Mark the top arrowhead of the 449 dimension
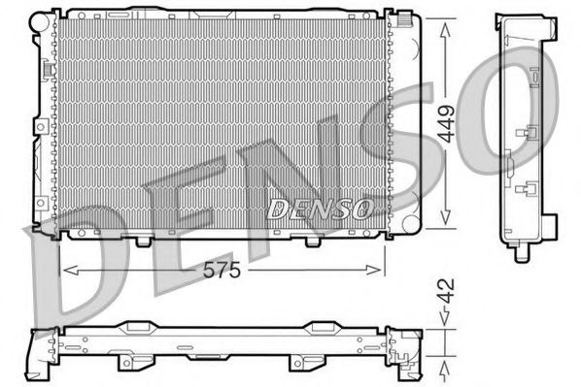(x=445, y=19)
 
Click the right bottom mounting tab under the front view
(x=311, y=240)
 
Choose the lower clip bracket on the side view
(x=530, y=190)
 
